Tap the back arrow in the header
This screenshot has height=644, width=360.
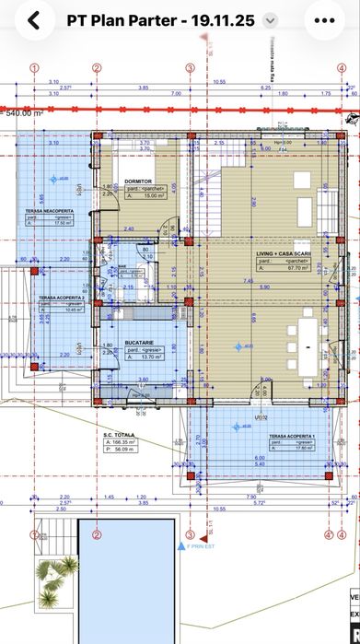[x=33, y=20]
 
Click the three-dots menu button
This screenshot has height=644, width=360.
[x=324, y=20]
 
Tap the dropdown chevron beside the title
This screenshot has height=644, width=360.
[x=269, y=20]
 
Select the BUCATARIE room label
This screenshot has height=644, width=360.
[x=139, y=343]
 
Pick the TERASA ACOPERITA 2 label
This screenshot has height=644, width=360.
[x=60, y=299]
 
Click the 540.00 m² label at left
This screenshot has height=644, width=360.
[x=26, y=113]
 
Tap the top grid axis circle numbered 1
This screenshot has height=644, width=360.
[x=34, y=68]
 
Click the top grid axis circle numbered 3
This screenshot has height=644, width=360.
[x=190, y=68]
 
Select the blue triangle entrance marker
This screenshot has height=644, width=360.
[x=181, y=546]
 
